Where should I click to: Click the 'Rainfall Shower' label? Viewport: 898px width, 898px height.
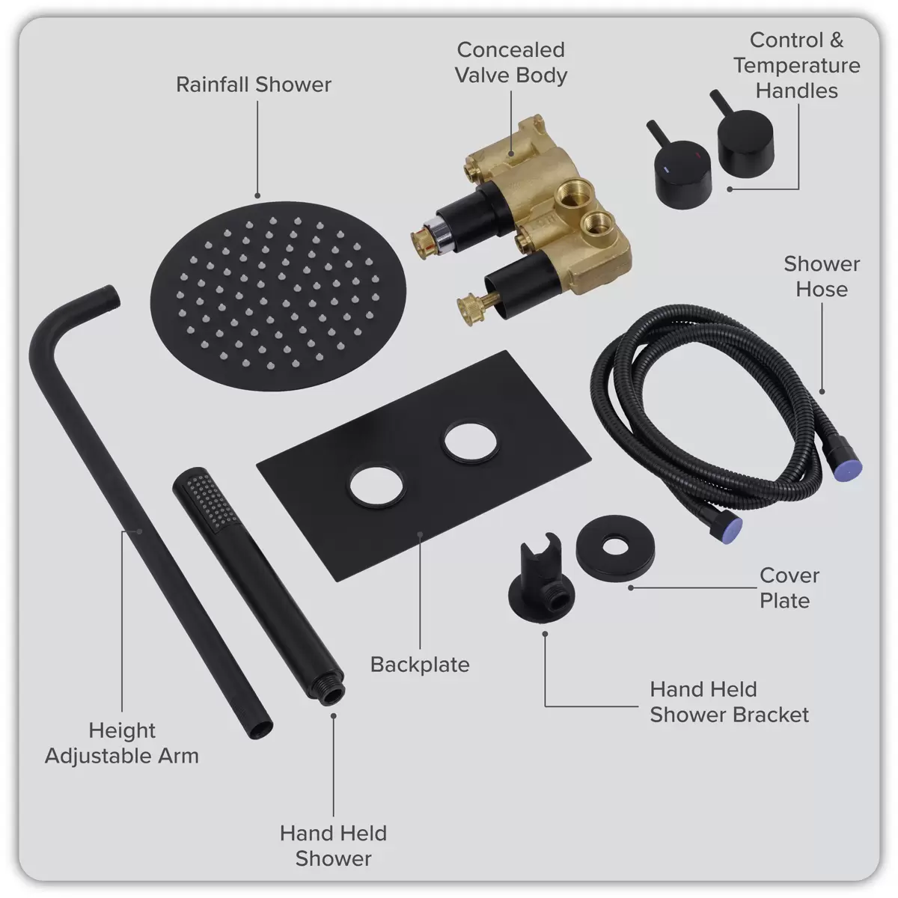point(254,85)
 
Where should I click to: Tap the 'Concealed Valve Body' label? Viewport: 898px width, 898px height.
point(511,63)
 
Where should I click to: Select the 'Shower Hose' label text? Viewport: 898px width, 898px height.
point(821,277)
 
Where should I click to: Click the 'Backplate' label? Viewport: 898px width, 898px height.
point(420,665)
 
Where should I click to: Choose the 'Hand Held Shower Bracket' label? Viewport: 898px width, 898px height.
point(729,702)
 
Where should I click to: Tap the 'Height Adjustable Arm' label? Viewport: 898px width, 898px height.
point(122,742)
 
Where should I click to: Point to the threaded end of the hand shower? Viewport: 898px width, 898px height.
point(329,689)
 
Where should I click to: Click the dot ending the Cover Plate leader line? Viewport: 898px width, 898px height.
point(632,588)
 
